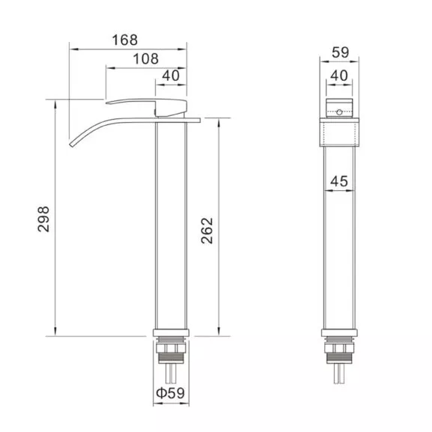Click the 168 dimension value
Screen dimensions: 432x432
(x=125, y=40)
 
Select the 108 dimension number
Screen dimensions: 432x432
(x=146, y=59)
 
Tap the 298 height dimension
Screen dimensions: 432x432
(x=43, y=219)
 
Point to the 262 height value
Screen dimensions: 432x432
(x=207, y=231)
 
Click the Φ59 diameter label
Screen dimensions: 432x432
(x=170, y=393)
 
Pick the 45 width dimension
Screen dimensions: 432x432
(x=339, y=181)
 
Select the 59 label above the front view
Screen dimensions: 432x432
(x=340, y=52)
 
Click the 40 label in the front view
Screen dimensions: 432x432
(x=339, y=75)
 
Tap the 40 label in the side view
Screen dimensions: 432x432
(x=171, y=76)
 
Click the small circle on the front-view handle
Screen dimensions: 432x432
(x=339, y=112)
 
